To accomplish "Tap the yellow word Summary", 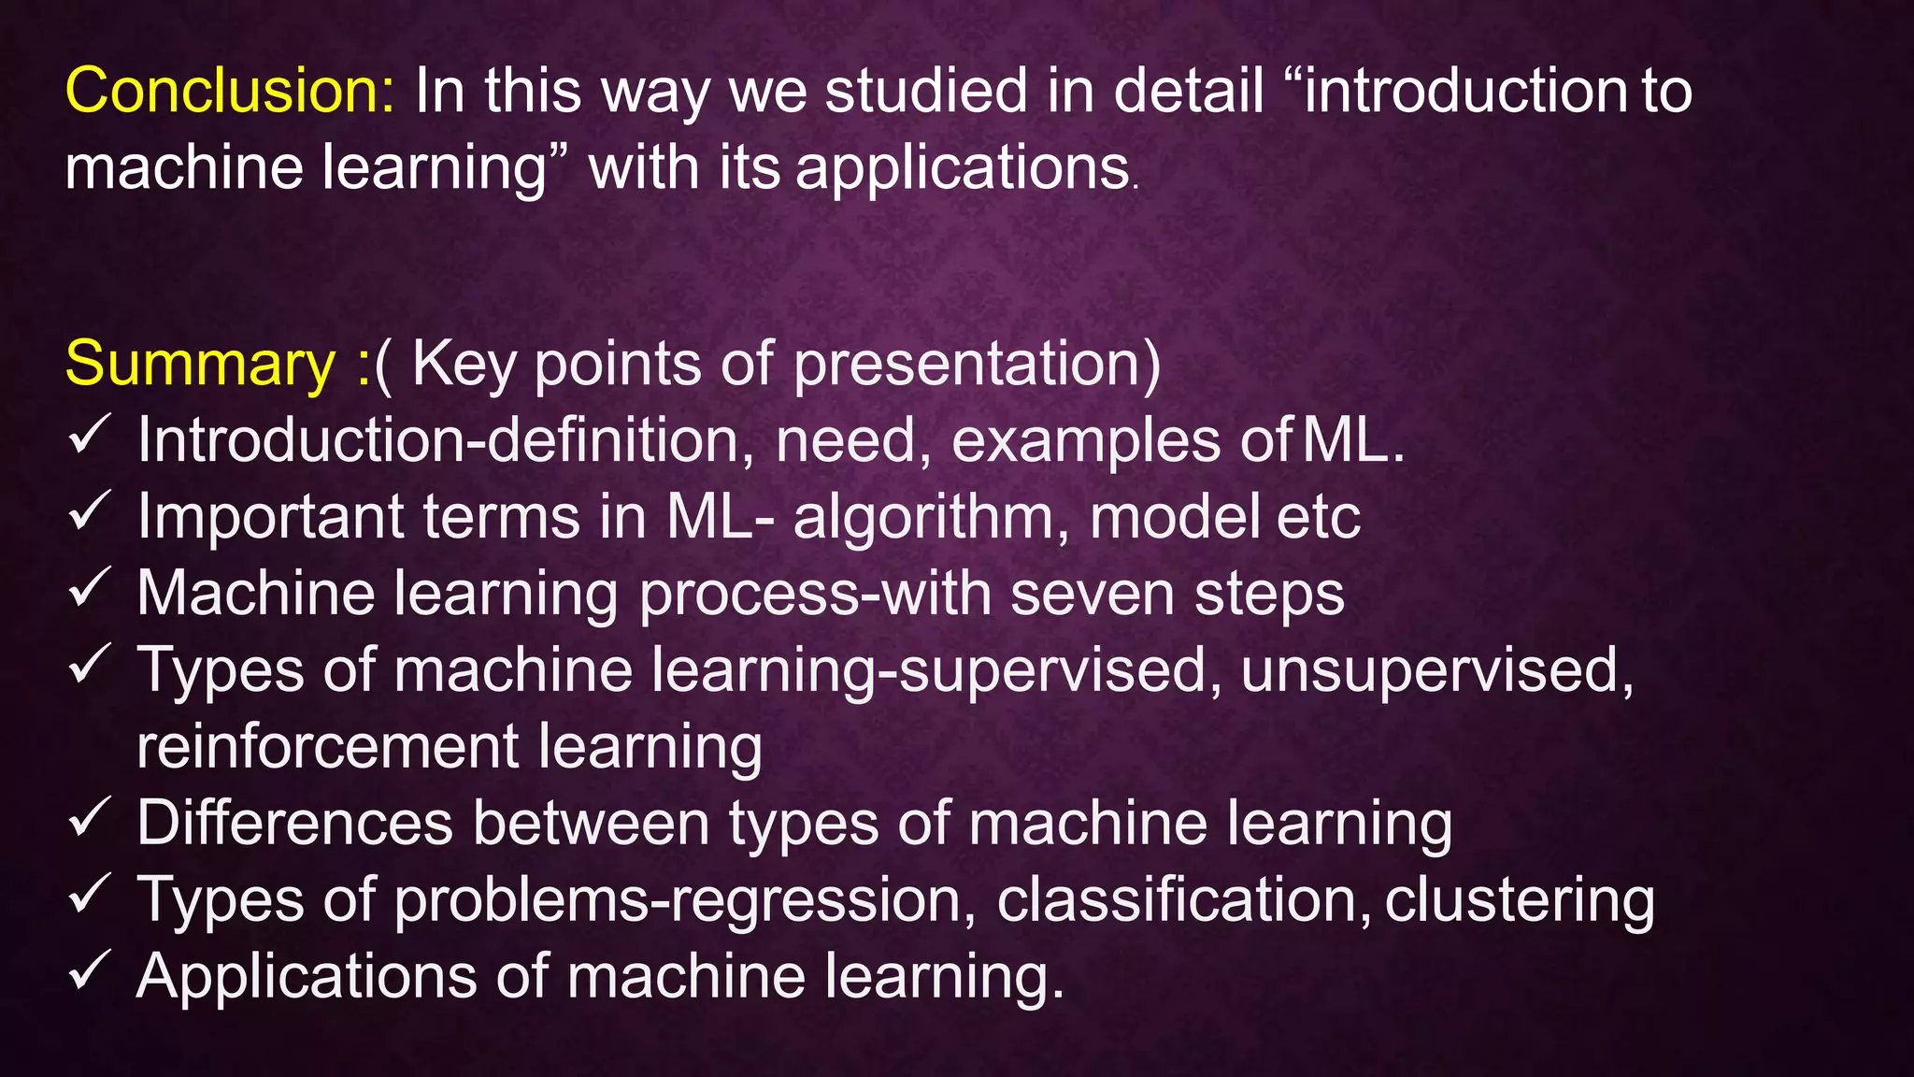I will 200,364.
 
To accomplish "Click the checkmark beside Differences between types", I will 91,819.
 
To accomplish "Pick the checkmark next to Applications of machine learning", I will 91,972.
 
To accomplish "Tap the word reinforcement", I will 327,747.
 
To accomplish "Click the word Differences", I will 295,824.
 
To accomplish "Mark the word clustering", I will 1519,900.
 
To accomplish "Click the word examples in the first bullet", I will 1085,441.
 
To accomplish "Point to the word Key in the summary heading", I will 464,364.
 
